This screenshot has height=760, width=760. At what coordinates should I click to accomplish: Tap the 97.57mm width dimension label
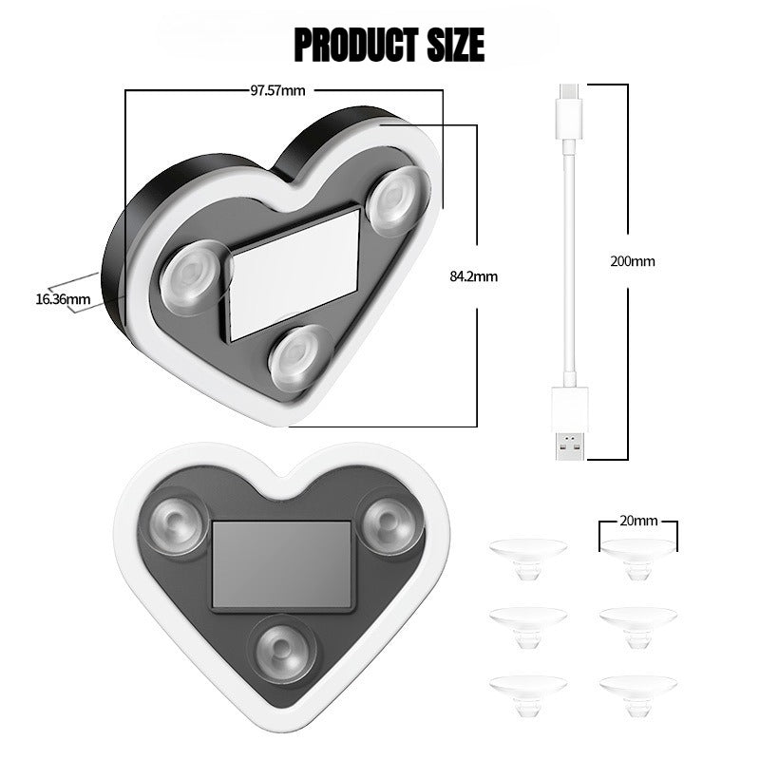[x=277, y=91]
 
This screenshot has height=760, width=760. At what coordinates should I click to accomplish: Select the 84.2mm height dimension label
[x=473, y=276]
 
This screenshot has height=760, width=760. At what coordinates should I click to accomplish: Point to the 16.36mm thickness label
[x=63, y=299]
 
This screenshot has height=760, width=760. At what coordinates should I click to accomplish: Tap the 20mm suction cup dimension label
[x=638, y=522]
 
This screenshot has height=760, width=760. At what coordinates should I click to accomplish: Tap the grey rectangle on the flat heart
[x=282, y=563]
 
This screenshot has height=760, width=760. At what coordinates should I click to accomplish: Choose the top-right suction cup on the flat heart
[x=390, y=523]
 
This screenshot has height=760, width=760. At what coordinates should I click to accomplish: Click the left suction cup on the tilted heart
[x=194, y=278]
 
